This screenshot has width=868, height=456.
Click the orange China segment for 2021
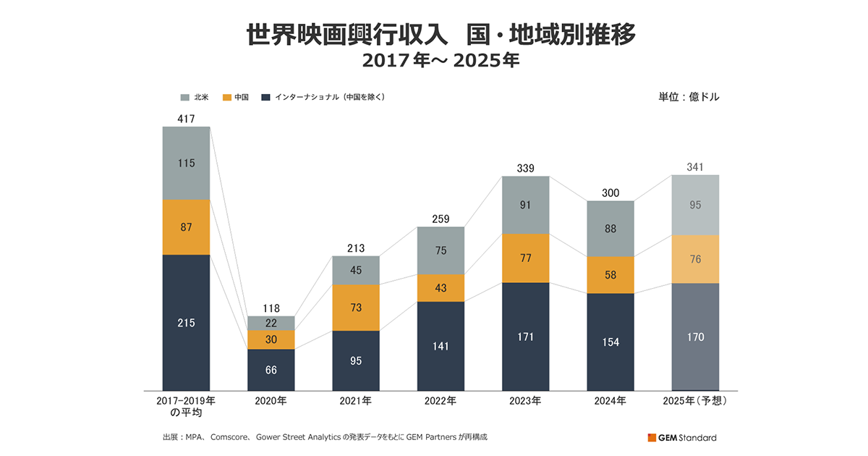point(356,308)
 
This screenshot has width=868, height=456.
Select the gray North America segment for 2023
point(526,205)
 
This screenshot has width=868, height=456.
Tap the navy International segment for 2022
point(441,346)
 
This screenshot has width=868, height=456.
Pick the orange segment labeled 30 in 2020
point(271,339)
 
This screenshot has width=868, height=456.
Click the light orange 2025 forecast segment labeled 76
point(695,259)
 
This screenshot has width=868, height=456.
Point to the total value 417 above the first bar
point(186,118)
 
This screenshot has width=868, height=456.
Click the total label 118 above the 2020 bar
point(271,308)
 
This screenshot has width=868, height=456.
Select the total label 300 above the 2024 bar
point(610,193)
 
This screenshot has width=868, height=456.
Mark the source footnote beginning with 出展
point(330,437)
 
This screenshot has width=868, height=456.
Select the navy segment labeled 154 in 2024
point(610,342)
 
